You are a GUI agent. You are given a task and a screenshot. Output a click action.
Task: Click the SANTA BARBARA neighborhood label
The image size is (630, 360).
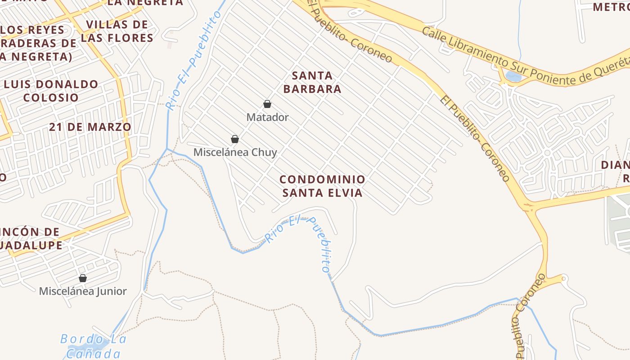pos(312,82)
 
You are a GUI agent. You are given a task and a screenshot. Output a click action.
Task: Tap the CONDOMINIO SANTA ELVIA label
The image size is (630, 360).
pos(322,186)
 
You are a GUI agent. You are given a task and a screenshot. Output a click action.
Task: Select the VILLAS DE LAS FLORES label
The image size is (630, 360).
pos(117,31)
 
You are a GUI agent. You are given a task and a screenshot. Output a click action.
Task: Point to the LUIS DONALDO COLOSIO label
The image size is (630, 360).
pos(50,90)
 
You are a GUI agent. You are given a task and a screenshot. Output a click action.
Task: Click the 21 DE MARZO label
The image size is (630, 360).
pos(90,127)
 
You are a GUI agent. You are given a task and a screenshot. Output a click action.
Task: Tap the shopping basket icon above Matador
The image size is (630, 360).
pos(267,104)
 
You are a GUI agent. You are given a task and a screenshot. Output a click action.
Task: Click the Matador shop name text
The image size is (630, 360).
pos(267,117)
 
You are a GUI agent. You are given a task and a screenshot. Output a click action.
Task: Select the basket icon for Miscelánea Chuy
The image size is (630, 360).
pos(234,139)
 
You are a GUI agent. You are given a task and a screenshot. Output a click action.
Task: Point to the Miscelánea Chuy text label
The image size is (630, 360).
pos(235,153)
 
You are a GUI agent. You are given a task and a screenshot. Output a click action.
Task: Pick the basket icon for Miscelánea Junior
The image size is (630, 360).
pos(82,278)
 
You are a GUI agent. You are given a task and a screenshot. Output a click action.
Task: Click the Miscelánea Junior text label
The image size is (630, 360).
pos(83,291)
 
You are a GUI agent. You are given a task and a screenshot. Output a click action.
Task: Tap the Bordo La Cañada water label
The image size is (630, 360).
pos(93,346)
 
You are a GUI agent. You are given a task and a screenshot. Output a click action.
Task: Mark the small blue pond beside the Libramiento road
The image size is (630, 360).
pos(513,76)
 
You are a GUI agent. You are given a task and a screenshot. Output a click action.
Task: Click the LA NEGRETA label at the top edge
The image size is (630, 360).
pos(145,3)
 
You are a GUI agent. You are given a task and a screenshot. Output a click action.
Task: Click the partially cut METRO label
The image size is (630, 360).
pos(610,7)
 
